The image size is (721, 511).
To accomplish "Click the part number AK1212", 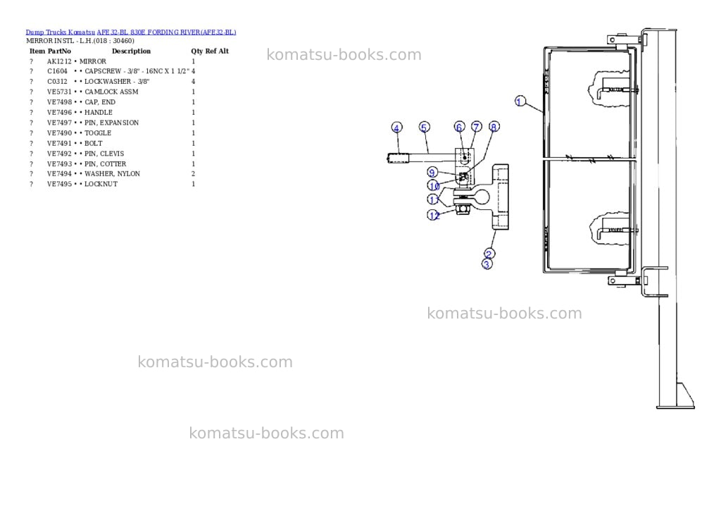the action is coord(59,61).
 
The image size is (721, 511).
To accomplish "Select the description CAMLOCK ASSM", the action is coord(111,92).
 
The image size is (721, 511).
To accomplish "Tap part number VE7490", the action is coord(59,133).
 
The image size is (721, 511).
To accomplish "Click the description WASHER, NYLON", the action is coord(112,173).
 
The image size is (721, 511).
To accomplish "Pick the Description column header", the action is coord(131,51).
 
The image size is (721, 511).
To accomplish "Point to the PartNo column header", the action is coord(59,51).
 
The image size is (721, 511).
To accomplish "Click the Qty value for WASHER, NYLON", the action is coord(193,173).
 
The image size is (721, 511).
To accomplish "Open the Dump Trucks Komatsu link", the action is coord(61,32).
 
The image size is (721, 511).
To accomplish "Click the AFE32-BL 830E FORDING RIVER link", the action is coord(166,32).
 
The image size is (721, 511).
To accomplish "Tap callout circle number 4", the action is coord(396,128).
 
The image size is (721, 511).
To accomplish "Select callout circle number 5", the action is coord(425,127).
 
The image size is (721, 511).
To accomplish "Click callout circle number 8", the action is coord(494,127).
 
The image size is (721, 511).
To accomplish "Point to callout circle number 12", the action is coord(434,215).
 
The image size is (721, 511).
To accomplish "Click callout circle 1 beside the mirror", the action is coord(520,101).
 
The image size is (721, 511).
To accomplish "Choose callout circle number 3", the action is coord(487,264).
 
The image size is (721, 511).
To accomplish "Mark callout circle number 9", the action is coord(432,173).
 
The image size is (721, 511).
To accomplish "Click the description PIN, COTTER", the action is coord(106,164).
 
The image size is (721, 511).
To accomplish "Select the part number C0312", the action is coord(57,82).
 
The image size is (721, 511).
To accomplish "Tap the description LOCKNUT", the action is coord(101,184).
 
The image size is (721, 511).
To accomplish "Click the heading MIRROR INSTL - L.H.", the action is coord(59,41).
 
